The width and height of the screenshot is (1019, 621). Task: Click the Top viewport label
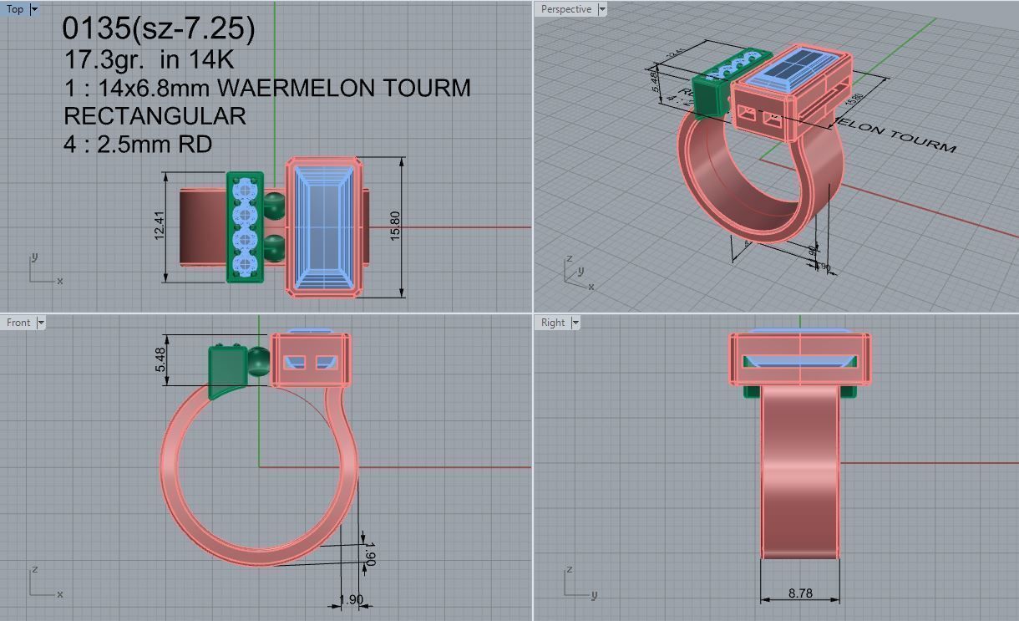point(15,9)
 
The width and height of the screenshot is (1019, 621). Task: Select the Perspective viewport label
point(565,9)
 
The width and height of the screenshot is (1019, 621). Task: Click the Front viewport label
point(18,322)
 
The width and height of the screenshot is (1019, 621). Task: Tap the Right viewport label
point(552,322)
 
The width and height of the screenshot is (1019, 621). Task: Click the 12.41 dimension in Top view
point(160,227)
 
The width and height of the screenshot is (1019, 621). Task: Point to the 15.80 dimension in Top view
point(396,227)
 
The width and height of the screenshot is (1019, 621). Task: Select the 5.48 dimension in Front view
point(160,360)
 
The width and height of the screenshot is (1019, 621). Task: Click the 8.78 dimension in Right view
point(799,593)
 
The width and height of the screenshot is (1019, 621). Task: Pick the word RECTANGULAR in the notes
point(155,115)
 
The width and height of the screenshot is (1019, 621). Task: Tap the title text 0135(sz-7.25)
point(159,28)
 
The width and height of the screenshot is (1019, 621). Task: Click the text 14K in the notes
point(213,60)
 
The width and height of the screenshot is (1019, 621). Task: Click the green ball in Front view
point(259,362)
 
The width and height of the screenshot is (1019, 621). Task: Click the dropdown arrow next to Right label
point(575,322)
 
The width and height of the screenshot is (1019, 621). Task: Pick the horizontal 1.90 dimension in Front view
point(351,599)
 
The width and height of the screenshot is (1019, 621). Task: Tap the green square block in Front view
point(227,366)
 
